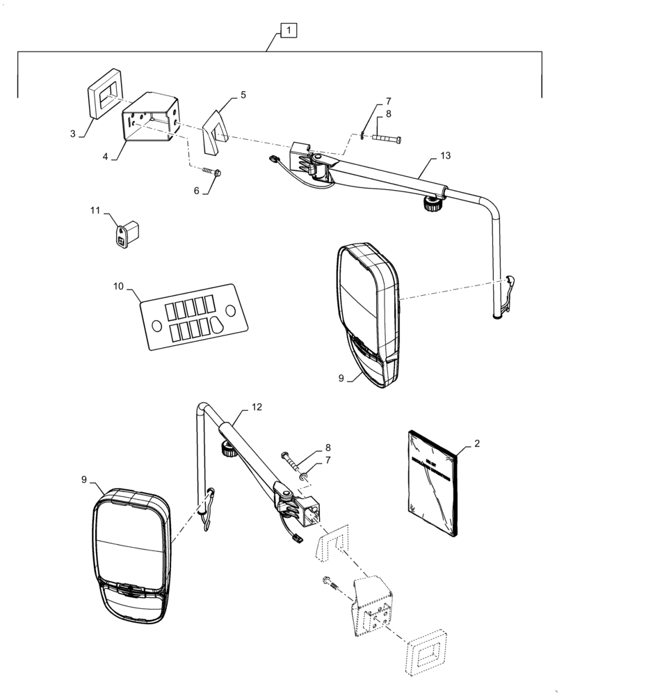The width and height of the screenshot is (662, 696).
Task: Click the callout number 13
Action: pyautogui.click(x=445, y=155)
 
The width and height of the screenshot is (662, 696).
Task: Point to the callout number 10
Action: pyautogui.click(x=118, y=286)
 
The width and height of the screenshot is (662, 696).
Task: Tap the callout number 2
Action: pyautogui.click(x=477, y=443)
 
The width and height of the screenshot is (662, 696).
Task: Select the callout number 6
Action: pyautogui.click(x=197, y=190)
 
